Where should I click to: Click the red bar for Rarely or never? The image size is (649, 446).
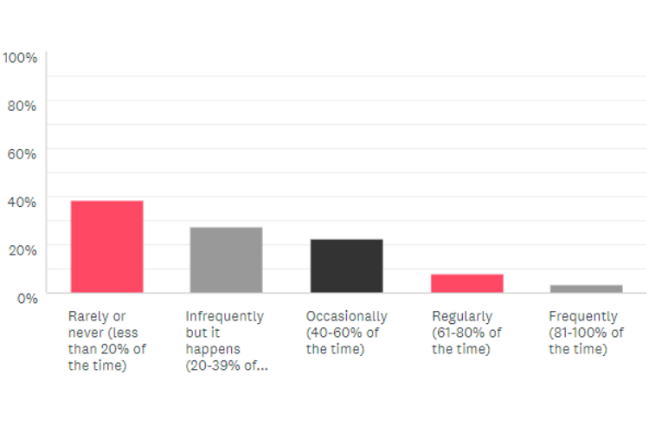[106, 246]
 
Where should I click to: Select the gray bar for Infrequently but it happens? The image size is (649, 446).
[226, 259]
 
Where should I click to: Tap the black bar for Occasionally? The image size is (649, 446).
[346, 265]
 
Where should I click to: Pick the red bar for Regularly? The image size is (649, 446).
[466, 282]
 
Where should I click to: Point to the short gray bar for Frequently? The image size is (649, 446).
[586, 288]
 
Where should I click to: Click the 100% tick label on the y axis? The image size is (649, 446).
[20, 58]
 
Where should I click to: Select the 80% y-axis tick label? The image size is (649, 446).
[22, 106]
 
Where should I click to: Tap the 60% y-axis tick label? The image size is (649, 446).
[22, 154]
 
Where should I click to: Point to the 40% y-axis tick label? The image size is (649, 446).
[22, 202]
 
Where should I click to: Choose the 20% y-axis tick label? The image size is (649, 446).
[22, 249]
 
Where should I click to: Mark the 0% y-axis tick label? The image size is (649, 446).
[26, 298]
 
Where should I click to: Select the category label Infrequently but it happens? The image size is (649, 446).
[224, 325]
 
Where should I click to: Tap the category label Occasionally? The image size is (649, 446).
[346, 316]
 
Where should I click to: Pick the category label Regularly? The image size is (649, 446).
[462, 316]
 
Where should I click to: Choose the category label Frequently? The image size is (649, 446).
[583, 316]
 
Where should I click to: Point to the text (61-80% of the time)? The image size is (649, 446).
[466, 341]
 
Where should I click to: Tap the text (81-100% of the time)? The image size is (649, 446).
[586, 341]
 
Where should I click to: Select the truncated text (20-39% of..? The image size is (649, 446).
[226, 366]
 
